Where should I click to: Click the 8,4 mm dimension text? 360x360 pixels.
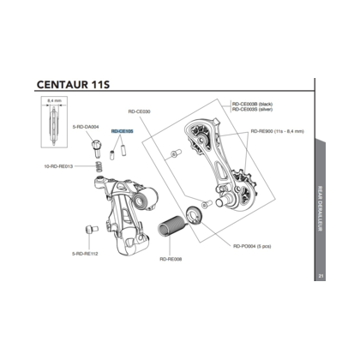coord(51,102)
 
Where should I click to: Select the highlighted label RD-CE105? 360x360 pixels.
coord(122,132)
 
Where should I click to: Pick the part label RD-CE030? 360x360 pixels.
coord(139,111)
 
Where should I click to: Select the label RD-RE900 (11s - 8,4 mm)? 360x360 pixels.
coord(276,131)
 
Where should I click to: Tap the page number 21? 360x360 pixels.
coord(320,274)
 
